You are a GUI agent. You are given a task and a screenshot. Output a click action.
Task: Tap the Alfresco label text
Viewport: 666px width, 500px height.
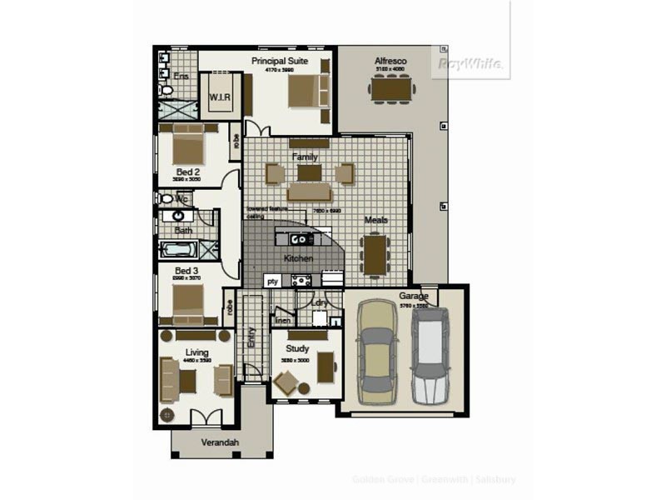[x=390, y=61]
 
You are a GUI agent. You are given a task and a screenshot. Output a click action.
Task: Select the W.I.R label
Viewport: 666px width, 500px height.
[x=220, y=98]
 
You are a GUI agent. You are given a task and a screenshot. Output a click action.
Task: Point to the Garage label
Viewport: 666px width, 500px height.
[x=413, y=296]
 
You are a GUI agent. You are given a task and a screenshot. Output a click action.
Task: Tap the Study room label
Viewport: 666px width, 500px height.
[x=297, y=349]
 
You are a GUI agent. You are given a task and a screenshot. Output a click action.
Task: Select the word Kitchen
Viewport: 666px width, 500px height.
[x=297, y=258]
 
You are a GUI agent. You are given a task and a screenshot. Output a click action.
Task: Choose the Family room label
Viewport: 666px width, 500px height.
[x=305, y=157]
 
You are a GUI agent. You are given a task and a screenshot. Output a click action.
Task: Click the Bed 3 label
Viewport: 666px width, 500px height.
[x=186, y=271]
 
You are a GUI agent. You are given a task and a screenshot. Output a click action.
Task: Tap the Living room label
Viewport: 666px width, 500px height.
[x=196, y=352]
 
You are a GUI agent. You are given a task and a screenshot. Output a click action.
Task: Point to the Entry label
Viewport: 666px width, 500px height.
[x=252, y=337]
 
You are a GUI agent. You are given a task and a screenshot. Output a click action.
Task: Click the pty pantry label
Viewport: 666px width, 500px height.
[x=271, y=282]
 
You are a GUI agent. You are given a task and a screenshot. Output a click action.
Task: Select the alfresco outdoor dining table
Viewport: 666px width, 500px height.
[x=390, y=87]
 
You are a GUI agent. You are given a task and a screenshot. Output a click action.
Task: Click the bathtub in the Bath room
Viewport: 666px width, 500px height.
[x=179, y=248]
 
